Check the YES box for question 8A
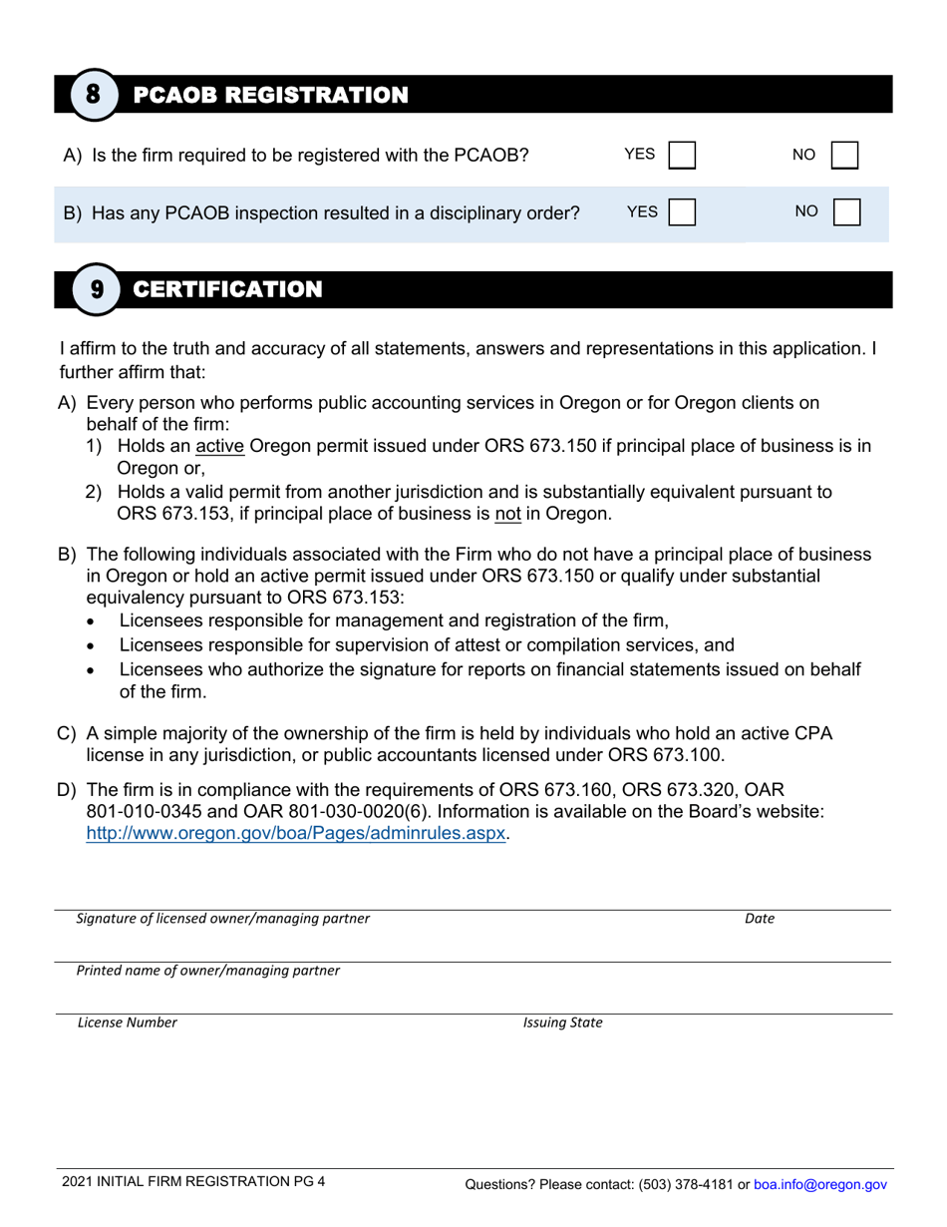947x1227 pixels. coord(681,156)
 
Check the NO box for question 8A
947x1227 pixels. coord(844,156)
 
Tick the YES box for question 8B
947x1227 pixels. coord(681,212)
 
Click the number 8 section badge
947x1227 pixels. coord(93,96)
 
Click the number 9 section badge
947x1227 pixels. coord(97,290)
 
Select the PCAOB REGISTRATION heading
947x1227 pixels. coord(270,96)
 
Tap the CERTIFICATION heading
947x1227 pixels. coord(227,290)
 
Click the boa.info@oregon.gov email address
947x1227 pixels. coord(819,1185)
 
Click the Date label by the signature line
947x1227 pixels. coord(759,919)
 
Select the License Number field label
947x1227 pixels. coord(128,1022)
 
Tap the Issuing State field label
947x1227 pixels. coord(562,1022)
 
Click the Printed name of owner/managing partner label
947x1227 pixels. coord(208,971)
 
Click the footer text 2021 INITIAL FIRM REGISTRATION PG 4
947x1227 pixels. coord(192,1182)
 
